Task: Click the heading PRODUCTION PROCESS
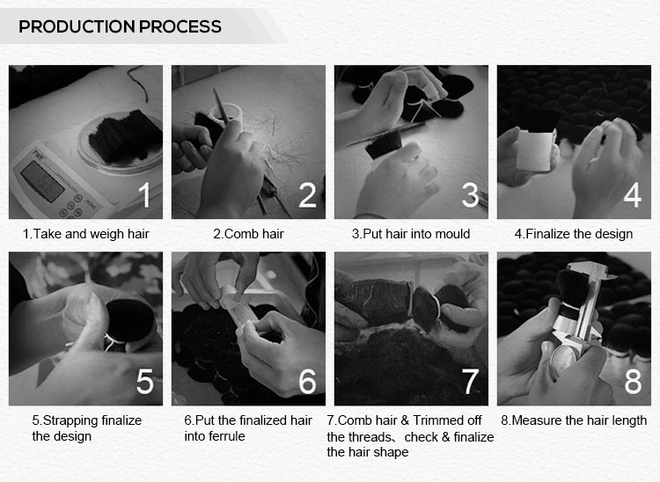click(x=121, y=26)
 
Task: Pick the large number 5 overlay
click(x=144, y=382)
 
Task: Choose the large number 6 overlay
click(x=307, y=382)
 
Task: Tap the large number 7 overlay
click(x=470, y=382)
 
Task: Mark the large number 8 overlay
click(x=632, y=382)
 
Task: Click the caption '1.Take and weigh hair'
click(x=85, y=234)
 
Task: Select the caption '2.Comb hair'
click(x=248, y=234)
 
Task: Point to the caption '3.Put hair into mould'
click(x=411, y=234)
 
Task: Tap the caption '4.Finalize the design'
click(x=573, y=234)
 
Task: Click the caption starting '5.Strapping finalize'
click(x=86, y=428)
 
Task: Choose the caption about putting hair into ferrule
click(x=248, y=428)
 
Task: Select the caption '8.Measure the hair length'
click(x=573, y=420)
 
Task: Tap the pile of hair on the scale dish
click(x=127, y=136)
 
